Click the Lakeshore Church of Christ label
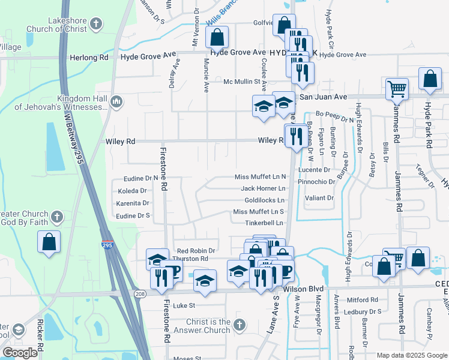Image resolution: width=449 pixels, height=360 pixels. (56, 29)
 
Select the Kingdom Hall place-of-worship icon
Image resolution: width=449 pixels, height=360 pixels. (116, 103)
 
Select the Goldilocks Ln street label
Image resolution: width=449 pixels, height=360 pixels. (264, 200)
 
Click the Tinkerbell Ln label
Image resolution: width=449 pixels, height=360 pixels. (264, 223)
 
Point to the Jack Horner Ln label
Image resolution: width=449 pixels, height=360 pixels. (263, 188)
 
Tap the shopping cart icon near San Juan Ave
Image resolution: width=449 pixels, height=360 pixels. (397, 89)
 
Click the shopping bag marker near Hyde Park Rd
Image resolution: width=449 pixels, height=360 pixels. (430, 79)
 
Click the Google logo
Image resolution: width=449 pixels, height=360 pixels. (20, 353)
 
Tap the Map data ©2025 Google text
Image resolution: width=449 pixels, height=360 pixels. (412, 355)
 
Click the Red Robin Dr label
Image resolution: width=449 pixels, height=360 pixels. (196, 250)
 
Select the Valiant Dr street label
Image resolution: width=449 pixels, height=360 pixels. (319, 198)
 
